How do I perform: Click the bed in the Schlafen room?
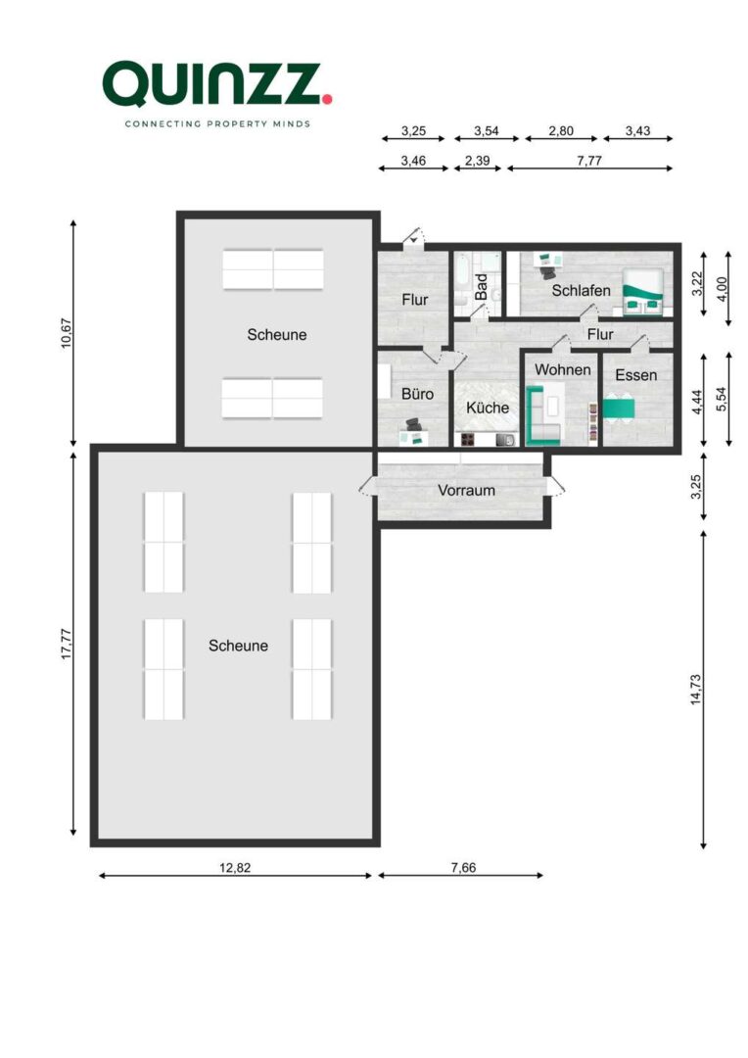644,291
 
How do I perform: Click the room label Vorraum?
466,490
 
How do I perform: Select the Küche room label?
487,408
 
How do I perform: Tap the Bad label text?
481,286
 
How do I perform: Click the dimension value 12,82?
236,868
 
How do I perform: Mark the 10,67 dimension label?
66,333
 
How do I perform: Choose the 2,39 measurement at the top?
477,161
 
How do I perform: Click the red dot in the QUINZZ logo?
327,98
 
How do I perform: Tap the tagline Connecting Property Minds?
216,124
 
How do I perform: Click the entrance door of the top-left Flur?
414,238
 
